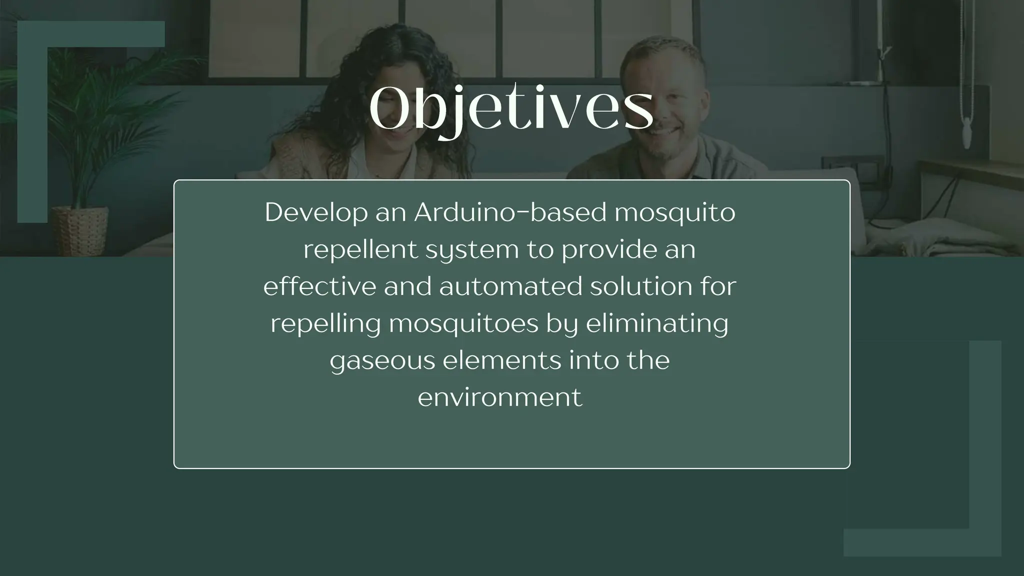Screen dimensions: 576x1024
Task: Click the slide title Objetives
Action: pyautogui.click(x=511, y=109)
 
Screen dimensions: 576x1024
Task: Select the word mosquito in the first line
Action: pyautogui.click(x=674, y=212)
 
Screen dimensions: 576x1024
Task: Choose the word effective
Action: pyautogui.click(x=319, y=286)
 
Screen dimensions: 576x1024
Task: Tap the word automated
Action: pyautogui.click(x=510, y=286)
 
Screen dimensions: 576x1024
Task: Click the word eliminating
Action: pyautogui.click(x=657, y=323)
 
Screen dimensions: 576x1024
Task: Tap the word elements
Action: pyautogui.click(x=502, y=360)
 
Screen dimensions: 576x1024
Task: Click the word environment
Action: pyautogui.click(x=500, y=397)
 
